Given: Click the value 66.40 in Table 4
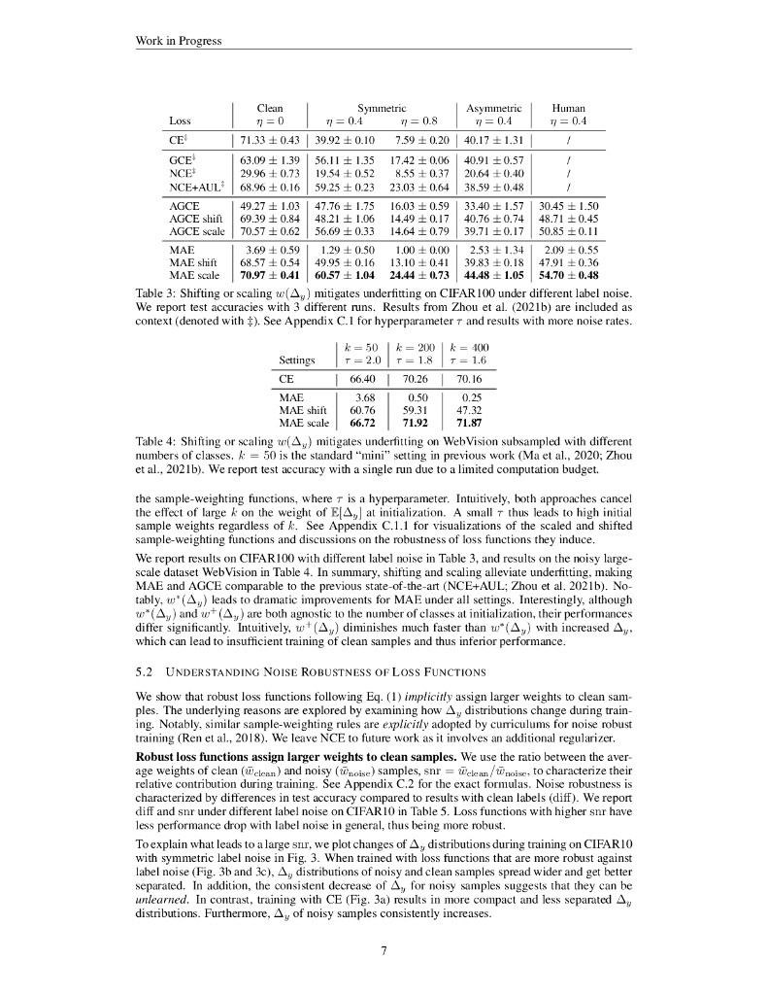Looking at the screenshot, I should point(362,377).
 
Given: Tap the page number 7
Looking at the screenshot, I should point(384,949).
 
